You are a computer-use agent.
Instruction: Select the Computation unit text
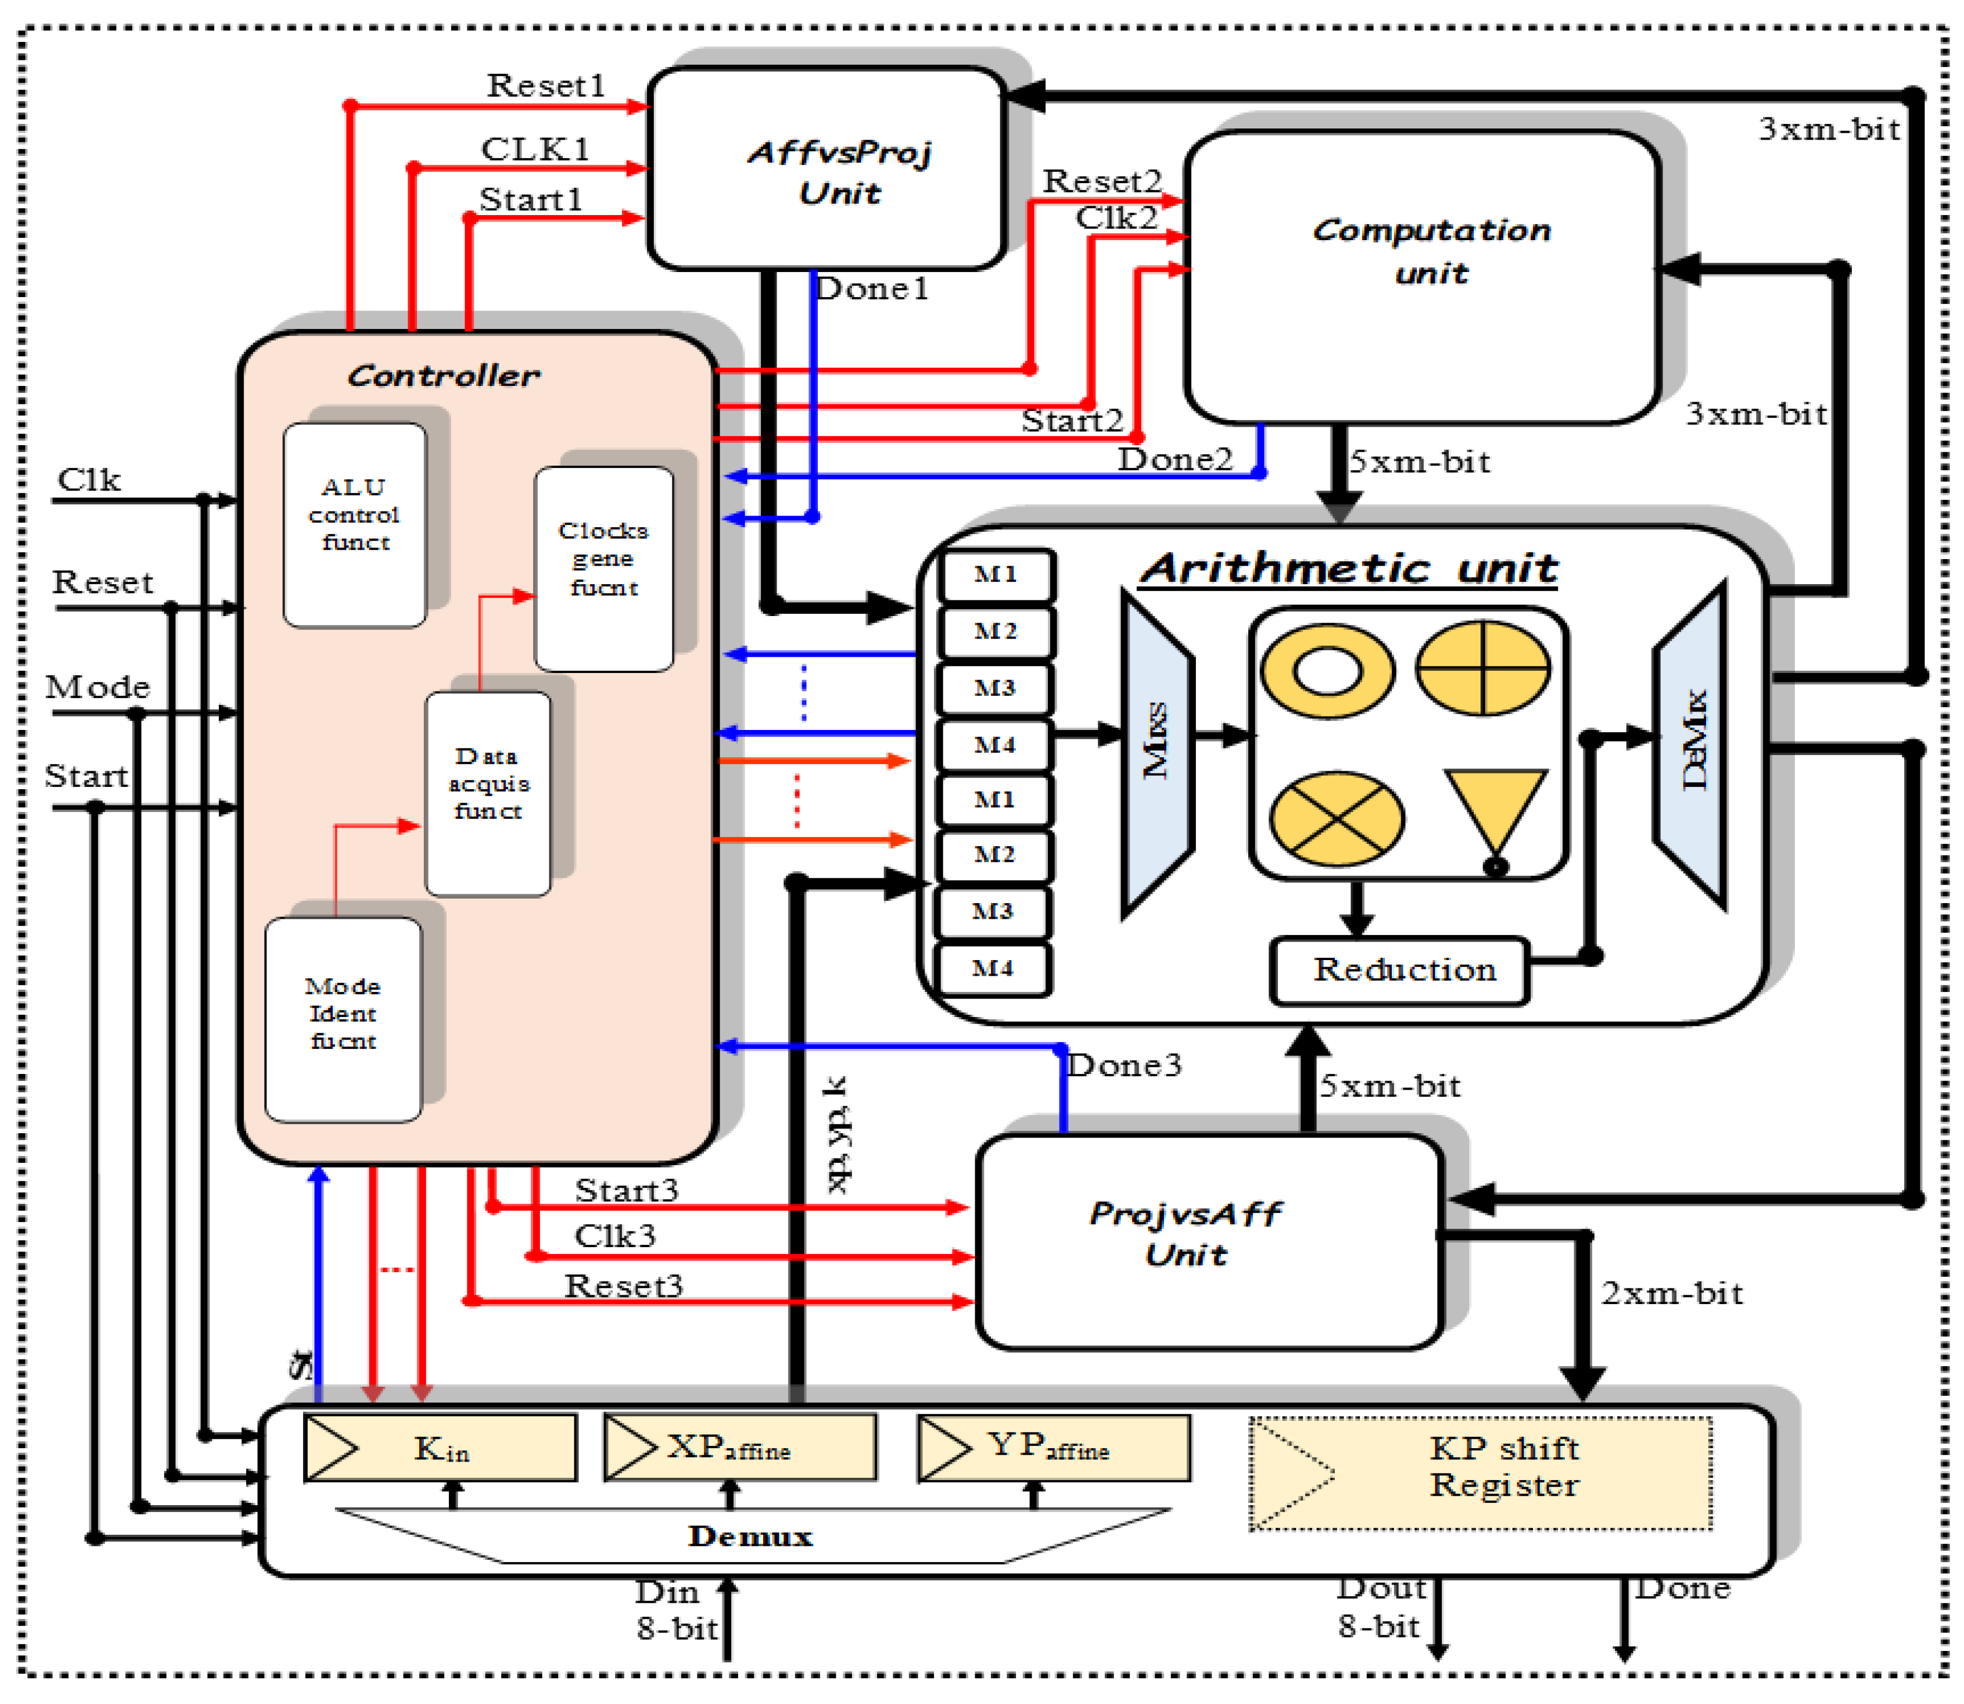click(1431, 251)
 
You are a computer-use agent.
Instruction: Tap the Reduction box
click(1401, 971)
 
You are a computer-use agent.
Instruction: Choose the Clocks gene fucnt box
click(603, 569)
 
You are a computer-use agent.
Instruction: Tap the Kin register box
click(440, 1447)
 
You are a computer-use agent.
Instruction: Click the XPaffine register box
click(740, 1447)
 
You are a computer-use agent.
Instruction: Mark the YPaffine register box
click(1053, 1447)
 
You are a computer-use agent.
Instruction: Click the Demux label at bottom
click(750, 1536)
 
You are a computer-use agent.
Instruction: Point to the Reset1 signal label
click(545, 85)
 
